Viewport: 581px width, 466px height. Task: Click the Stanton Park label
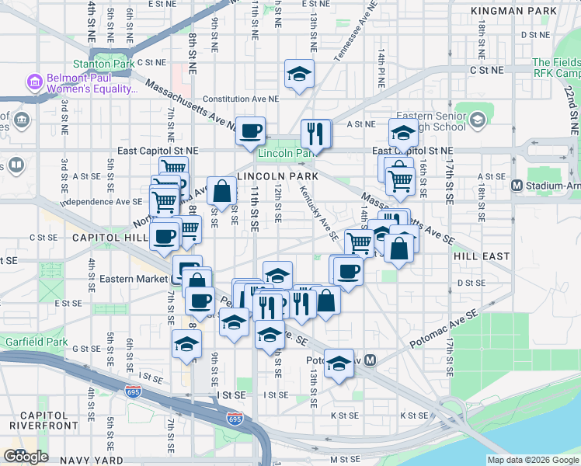click(99, 64)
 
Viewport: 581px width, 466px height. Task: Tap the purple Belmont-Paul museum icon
click(33, 81)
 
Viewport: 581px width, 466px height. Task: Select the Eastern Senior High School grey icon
click(476, 119)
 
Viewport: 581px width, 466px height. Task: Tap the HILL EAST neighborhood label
click(482, 256)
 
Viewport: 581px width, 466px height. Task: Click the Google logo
click(26, 457)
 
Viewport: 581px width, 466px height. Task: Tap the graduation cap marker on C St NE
click(299, 75)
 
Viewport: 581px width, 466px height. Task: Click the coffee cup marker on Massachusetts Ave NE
click(250, 131)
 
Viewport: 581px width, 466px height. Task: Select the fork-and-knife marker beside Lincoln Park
click(315, 134)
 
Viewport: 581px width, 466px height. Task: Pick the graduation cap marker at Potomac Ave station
click(339, 363)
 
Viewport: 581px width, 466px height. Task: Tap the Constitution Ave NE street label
click(241, 99)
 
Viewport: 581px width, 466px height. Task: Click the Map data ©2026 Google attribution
click(533, 460)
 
